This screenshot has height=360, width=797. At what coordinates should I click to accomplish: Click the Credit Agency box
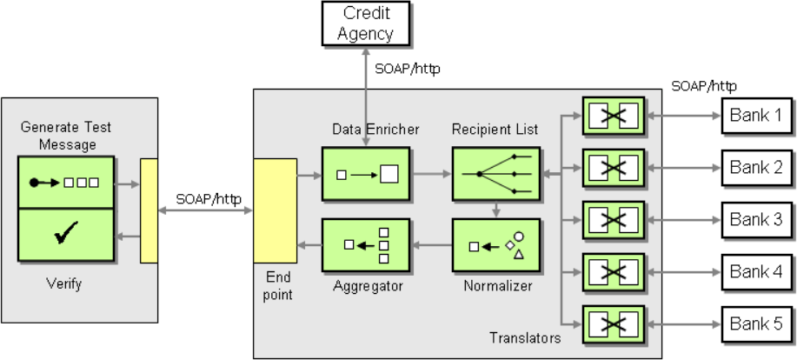coord(365,23)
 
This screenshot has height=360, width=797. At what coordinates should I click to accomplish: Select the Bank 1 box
coord(757,116)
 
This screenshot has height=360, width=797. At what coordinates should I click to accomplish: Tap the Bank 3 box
coord(757,220)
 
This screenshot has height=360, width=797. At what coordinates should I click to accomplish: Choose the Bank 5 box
coord(757,323)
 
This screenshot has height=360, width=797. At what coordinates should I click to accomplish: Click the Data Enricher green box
coord(366,174)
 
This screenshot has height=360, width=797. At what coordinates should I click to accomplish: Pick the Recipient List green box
coord(496,174)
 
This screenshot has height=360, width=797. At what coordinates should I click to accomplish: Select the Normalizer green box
coord(496,245)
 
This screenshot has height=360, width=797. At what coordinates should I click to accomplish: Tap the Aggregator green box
coord(366,245)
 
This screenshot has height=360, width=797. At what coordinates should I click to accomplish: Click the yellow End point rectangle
coord(275,210)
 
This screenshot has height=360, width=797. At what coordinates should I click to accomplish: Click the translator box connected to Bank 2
coord(614,168)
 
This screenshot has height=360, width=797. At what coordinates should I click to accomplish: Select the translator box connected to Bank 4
coord(614,272)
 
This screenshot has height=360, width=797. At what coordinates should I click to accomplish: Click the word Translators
coord(525,338)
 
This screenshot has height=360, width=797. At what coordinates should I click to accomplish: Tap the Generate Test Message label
coord(67,136)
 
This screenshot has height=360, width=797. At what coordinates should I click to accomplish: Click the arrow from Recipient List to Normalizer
coord(496,209)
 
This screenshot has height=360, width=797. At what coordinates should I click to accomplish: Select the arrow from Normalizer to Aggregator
coord(431,245)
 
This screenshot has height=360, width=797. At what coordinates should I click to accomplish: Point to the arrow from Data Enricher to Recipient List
coord(431,174)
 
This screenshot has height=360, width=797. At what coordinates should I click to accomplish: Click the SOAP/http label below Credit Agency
coord(407,70)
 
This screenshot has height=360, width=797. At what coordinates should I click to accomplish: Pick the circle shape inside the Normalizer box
coord(519,237)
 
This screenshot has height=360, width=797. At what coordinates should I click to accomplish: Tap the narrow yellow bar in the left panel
coord(149,210)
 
